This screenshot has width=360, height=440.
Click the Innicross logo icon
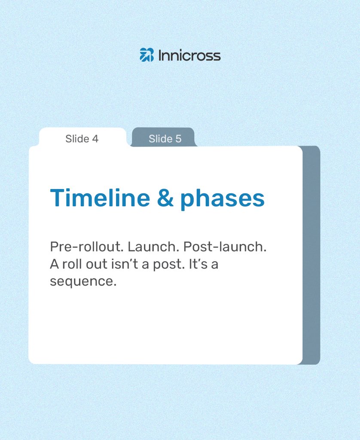(x=146, y=55)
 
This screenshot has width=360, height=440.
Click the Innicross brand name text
(x=189, y=55)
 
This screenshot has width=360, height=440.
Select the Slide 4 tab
(x=82, y=139)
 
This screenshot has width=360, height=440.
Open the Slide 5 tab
(x=165, y=139)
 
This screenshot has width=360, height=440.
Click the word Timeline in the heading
(x=100, y=198)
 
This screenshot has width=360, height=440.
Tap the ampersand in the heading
(x=165, y=199)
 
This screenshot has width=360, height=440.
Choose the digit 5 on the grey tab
(x=178, y=139)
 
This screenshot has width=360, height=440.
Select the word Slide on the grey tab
(x=159, y=139)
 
